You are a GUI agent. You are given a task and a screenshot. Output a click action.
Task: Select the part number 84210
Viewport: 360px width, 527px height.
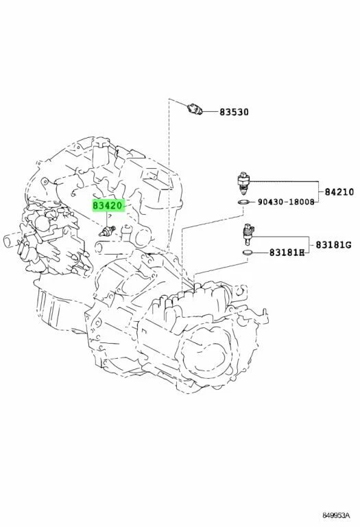click(338, 194)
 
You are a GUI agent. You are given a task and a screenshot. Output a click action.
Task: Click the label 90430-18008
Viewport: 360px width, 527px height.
click(287, 203)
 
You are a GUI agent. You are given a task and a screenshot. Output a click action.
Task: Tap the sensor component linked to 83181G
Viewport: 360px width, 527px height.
click(248, 235)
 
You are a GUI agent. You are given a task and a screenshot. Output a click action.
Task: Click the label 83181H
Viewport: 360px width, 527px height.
click(285, 253)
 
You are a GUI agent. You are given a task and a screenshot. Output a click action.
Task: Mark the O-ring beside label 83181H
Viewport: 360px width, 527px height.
click(248, 253)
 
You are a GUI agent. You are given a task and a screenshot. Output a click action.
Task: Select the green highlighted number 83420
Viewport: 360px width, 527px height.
click(108, 204)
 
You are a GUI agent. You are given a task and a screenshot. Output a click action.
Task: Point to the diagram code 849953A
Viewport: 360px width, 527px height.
click(336, 516)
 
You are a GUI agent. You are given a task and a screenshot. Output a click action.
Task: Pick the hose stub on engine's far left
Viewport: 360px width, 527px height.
click(8, 240)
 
